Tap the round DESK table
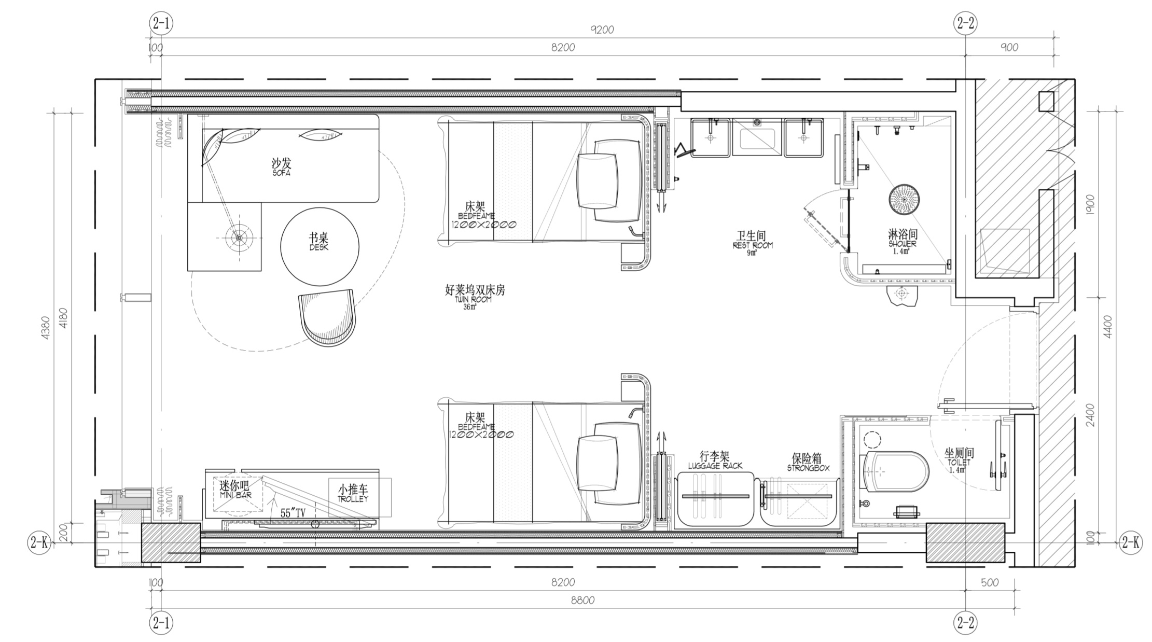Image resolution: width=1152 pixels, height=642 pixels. click(x=320, y=246)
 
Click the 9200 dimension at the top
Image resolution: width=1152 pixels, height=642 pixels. click(x=602, y=30)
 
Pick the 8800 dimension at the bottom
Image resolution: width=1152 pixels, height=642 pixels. click(x=582, y=601)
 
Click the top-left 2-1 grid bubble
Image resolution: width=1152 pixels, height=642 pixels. click(x=161, y=23)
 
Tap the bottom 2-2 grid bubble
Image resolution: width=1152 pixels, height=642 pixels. click(x=965, y=623)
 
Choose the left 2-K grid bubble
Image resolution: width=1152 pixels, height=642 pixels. click(x=39, y=542)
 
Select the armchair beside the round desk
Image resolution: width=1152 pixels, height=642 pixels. click(x=327, y=317)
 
